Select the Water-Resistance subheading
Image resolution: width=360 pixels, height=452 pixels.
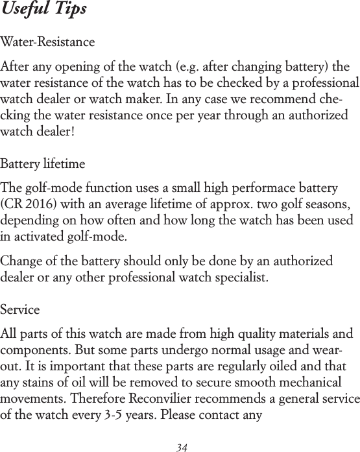coord(48,43)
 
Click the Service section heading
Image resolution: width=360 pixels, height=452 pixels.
coord(20,310)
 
